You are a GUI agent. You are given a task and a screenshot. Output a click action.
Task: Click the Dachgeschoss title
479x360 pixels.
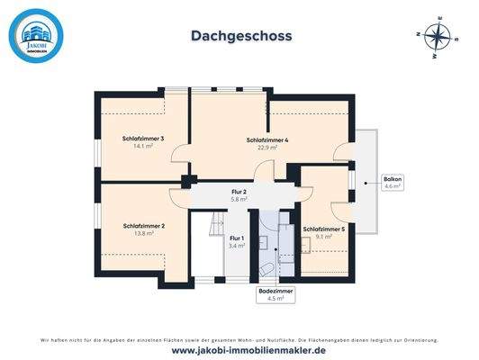[x=240, y=36]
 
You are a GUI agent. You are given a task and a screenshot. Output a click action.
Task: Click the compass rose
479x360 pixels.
[x=438, y=38]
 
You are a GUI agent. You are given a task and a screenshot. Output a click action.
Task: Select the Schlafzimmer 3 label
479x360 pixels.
[x=142, y=139]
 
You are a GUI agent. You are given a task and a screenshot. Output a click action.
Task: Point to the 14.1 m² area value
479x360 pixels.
[x=142, y=146]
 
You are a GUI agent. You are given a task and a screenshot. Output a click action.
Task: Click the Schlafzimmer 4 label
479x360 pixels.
[x=267, y=140]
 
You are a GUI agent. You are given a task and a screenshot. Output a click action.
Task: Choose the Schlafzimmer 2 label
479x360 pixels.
[x=142, y=225]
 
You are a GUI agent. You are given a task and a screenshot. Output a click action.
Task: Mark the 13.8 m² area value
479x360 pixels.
[x=142, y=232]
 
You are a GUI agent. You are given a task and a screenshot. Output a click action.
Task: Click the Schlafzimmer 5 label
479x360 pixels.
[x=323, y=230]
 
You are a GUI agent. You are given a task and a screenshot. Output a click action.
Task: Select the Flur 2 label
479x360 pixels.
[x=239, y=192]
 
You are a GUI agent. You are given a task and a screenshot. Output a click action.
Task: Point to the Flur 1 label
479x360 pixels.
[x=237, y=238]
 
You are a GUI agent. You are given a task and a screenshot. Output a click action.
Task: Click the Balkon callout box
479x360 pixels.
[x=393, y=182]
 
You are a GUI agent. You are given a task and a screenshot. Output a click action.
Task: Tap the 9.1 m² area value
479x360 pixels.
[x=323, y=238]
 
